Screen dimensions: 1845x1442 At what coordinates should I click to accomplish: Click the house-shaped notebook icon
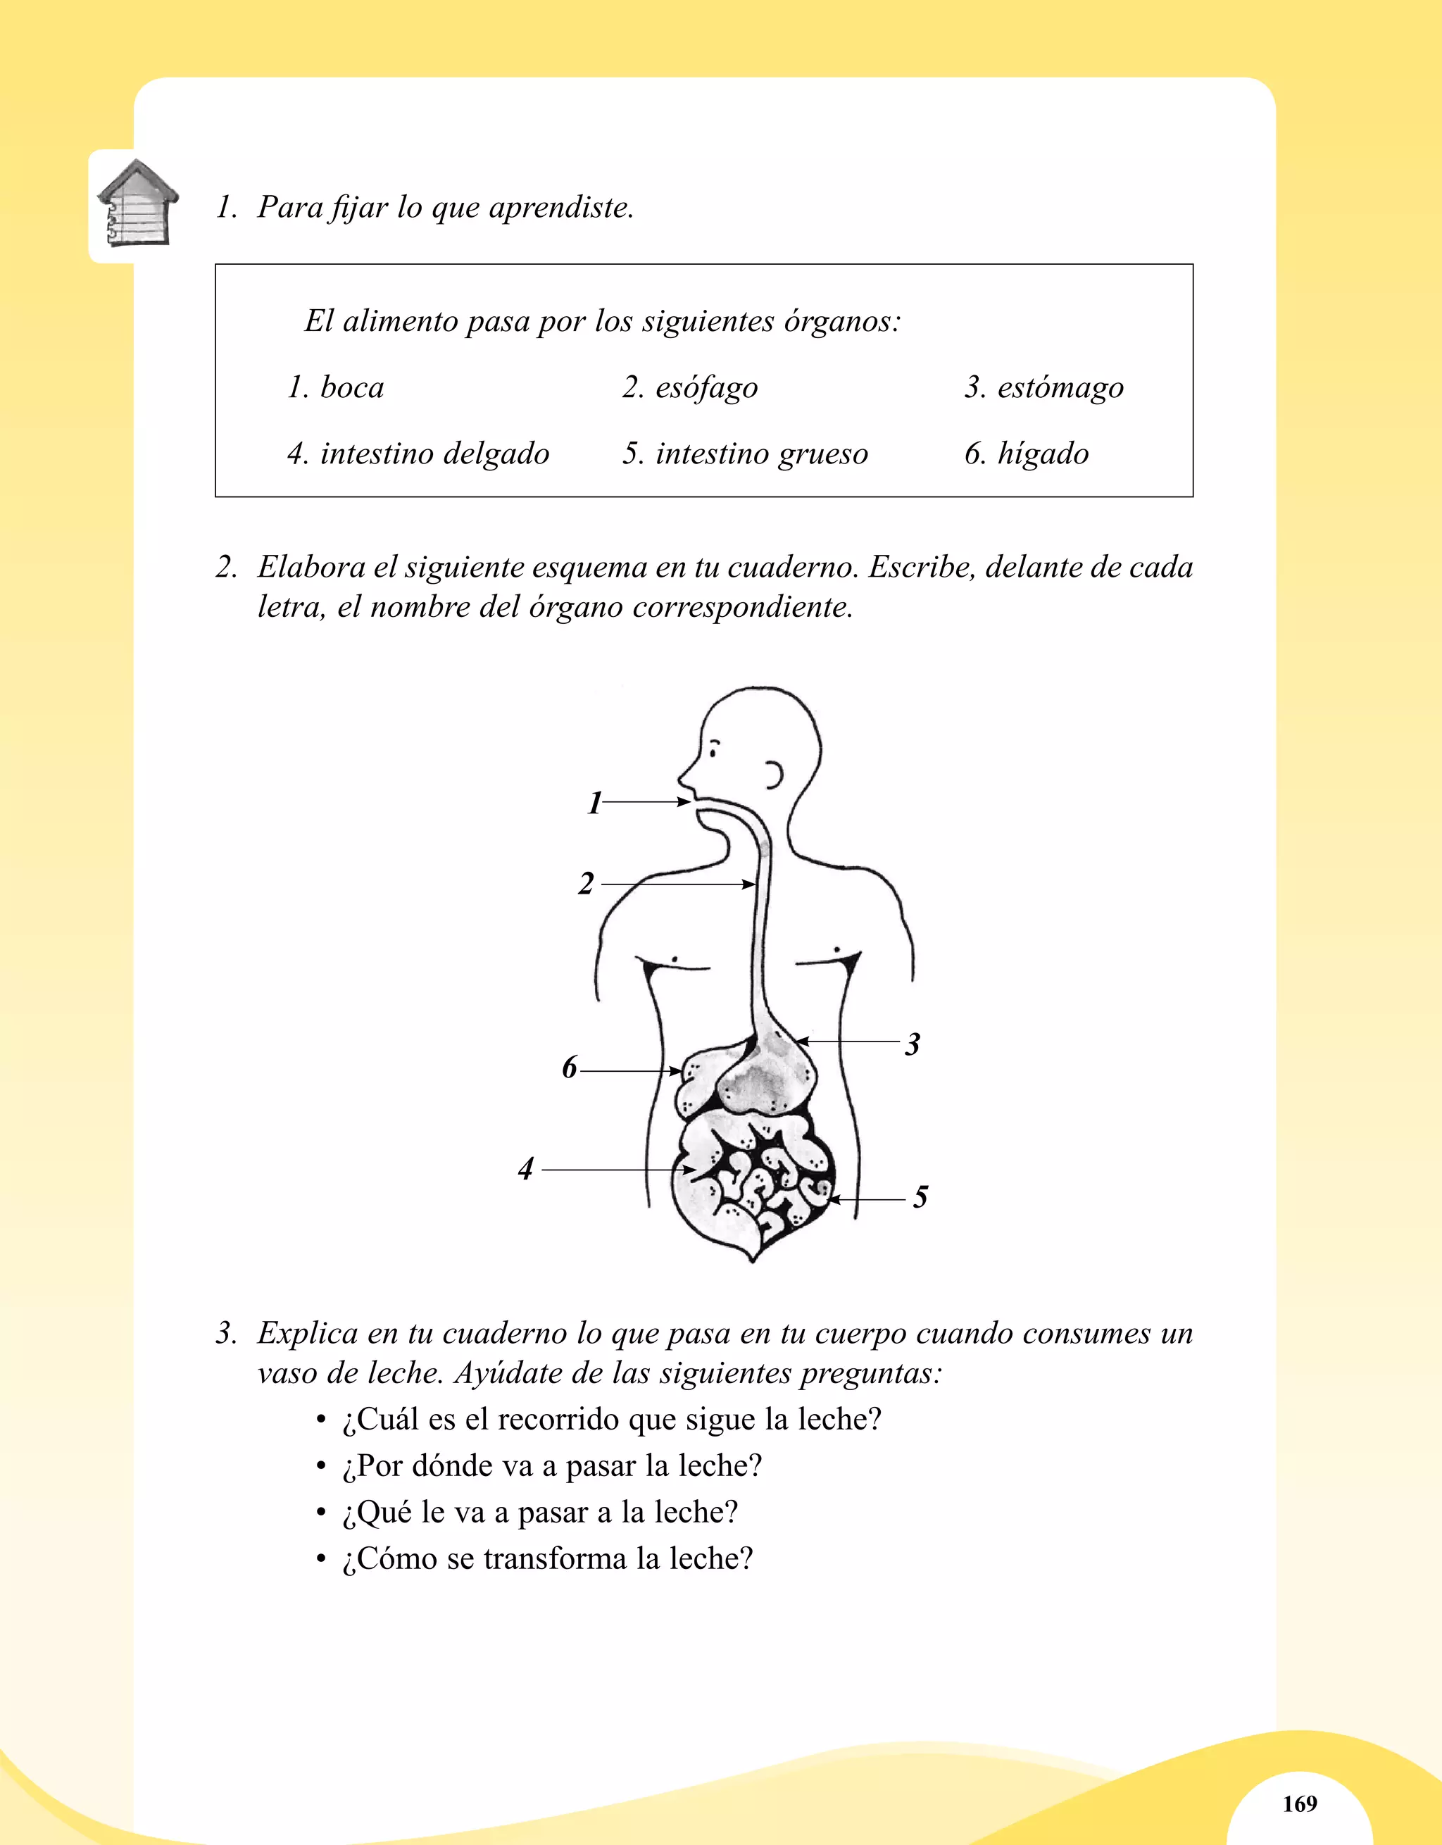pos(137,204)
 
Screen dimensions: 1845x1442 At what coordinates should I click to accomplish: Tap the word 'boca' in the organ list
pos(352,388)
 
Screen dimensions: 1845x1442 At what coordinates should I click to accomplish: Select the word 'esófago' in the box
pos(706,388)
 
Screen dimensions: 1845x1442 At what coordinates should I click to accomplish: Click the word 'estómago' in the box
pos(1060,388)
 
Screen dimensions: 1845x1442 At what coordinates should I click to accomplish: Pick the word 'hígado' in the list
pos(1043,454)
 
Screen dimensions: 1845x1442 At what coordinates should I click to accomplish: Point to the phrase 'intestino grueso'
pos(761,454)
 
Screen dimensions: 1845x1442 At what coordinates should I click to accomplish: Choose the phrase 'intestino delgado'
pos(434,454)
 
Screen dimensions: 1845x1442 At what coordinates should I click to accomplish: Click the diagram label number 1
pos(595,803)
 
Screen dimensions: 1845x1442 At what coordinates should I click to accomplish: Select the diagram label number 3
pos(913,1044)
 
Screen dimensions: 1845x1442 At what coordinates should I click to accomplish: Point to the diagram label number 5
pos(920,1196)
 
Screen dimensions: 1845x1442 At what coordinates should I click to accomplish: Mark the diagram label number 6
pos(570,1067)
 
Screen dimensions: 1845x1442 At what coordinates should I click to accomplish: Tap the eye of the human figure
pos(715,749)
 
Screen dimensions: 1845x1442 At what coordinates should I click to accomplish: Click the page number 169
pos(1299,1803)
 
